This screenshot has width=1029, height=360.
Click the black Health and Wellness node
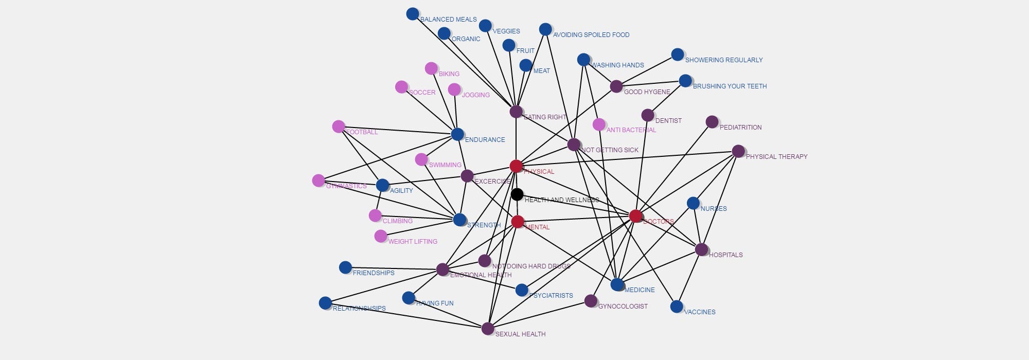517,194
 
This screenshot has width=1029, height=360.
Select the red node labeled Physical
516,166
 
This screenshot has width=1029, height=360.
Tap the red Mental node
518,222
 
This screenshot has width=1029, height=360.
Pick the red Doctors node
636,216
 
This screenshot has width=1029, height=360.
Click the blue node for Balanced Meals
412,14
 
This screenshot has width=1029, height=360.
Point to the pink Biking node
431,68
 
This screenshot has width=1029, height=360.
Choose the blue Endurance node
457,134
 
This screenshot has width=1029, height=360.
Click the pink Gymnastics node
318,181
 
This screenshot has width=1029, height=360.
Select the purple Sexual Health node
488,329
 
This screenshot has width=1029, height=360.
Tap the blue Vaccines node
677,307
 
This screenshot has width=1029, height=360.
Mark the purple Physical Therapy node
738,151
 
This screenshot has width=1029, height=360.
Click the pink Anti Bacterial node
599,124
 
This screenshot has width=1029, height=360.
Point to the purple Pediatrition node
712,122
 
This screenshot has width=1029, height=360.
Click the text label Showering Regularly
723,60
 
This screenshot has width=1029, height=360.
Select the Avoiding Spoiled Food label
591,35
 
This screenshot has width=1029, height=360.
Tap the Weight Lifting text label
413,242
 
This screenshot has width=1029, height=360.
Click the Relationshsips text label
359,309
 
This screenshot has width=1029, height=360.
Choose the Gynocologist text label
623,307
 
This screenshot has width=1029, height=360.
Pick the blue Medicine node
617,284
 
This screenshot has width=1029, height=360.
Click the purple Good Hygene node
616,86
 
